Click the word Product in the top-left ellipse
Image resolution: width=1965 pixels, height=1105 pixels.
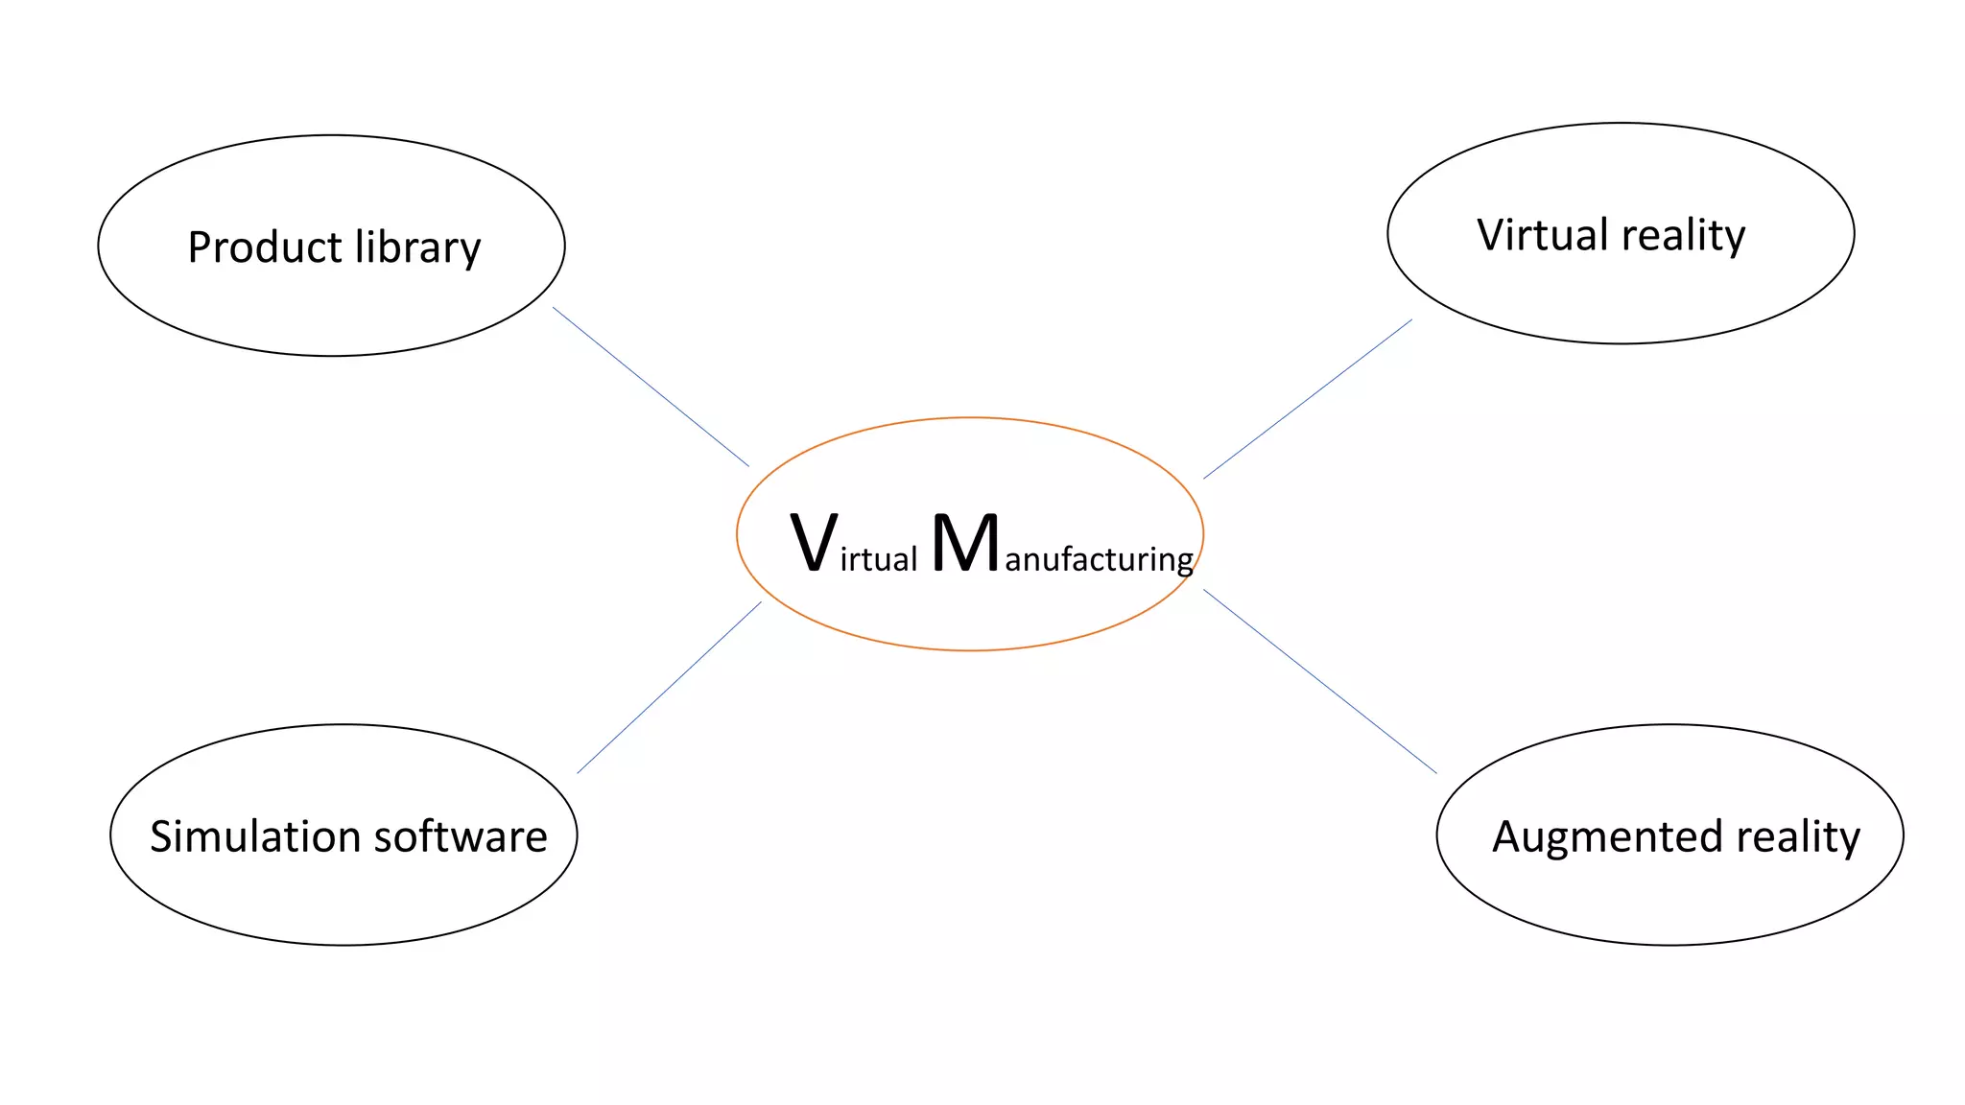click(264, 247)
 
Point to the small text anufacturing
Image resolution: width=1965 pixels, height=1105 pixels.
click(1099, 559)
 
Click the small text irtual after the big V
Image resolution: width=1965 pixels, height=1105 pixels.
click(879, 559)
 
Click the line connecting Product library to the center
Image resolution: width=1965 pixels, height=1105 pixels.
click(651, 387)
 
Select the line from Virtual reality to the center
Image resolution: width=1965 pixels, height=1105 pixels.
click(1308, 399)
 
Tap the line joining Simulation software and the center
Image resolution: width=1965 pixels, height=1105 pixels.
click(669, 688)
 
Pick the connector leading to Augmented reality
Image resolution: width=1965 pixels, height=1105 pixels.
click(1320, 681)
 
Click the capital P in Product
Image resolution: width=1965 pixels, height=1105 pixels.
click(199, 247)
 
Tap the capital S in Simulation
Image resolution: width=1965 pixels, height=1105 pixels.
click(161, 836)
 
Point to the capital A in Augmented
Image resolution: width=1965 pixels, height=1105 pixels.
click(1507, 836)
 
